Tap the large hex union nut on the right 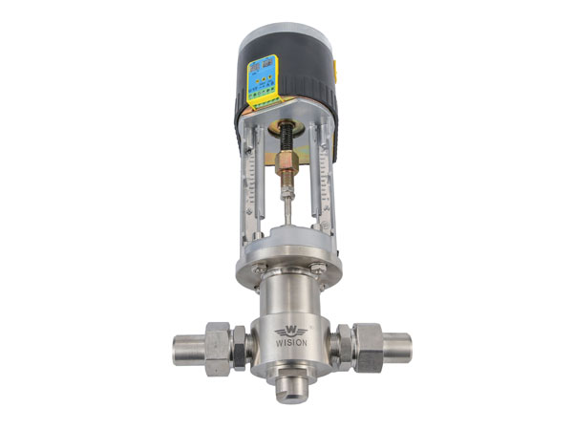click(367, 345)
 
